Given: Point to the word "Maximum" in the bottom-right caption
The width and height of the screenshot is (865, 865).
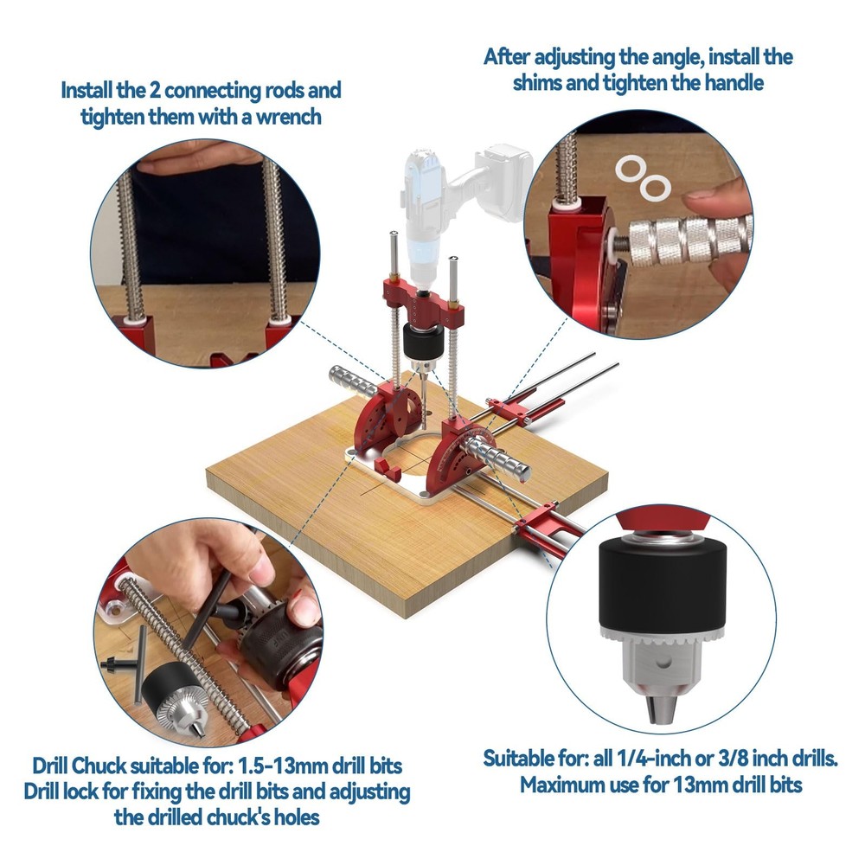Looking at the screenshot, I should tap(563, 785).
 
